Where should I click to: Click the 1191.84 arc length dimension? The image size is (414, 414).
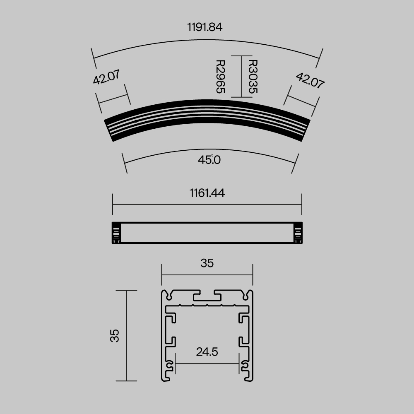coord(205,27)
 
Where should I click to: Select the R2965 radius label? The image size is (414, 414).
coord(220,77)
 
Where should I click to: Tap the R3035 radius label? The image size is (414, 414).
coord(252,77)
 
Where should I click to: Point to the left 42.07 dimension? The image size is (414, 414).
coord(106,77)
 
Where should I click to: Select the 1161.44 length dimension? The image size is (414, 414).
coord(207,193)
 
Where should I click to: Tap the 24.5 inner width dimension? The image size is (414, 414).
coord(207,352)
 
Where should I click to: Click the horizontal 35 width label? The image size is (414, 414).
coord(207,263)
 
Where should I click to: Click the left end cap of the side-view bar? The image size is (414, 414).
coord(116,233)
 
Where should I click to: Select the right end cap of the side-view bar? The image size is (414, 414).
coord(298,233)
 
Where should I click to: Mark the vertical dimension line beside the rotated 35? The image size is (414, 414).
coord(126,335)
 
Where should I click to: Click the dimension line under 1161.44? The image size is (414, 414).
coord(207,204)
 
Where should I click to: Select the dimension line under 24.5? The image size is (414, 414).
coord(207,363)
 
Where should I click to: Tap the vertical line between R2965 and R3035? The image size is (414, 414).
coord(241,77)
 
